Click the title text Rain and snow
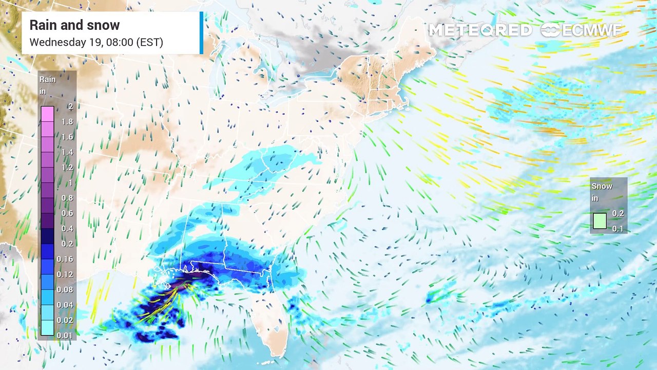pos(74,25)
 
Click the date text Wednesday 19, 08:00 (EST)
pos(96,42)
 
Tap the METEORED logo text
pos(480,30)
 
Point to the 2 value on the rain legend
pos(70,107)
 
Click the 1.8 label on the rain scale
pos(67,122)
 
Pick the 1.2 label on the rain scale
pos(67,168)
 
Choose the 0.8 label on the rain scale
pos(67,198)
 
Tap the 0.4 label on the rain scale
pos(67,229)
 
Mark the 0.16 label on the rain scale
pos(65,259)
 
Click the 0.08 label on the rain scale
pos(65,290)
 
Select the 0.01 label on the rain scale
pos(65,335)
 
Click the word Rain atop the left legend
pos(48,80)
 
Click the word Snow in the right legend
pos(602,186)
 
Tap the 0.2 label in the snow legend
pos(618,213)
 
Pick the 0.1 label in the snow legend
pos(618,229)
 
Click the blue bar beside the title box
pos(201,33)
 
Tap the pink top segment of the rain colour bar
pos(47,114)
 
